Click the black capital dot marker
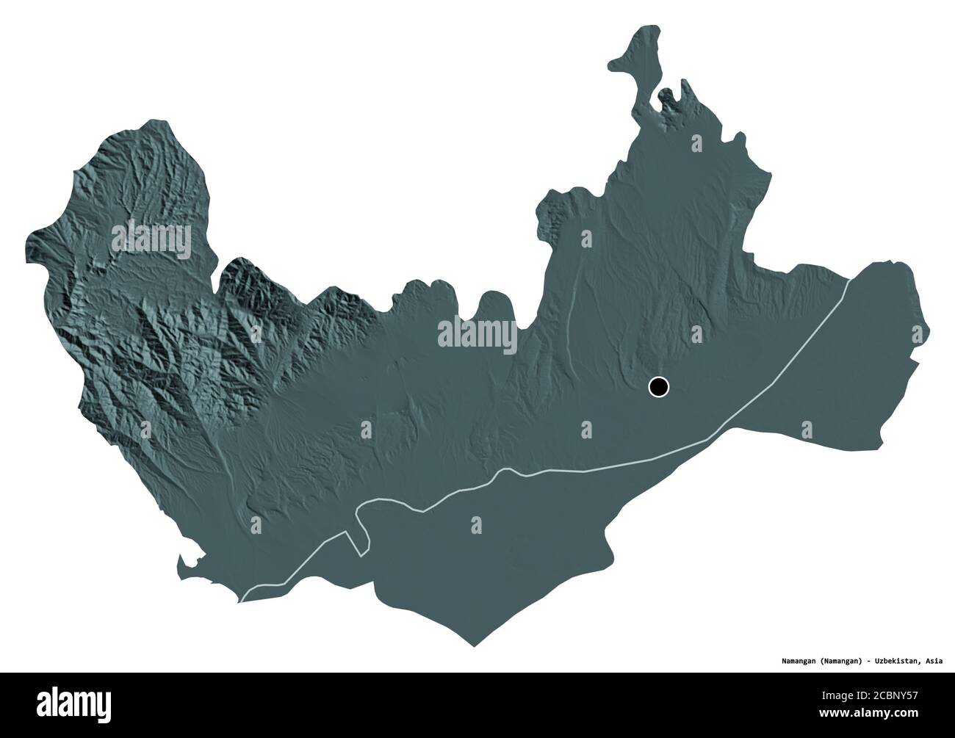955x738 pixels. click(659, 386)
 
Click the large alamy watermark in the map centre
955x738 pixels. click(477, 336)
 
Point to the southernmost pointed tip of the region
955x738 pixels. click(474, 647)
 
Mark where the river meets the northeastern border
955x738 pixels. click(849, 279)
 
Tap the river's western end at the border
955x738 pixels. click(241, 601)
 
